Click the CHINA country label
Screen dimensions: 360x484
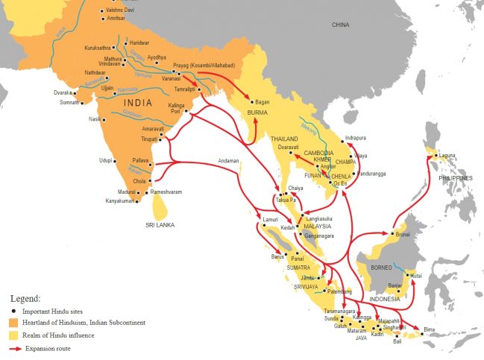pyautogui.click(x=340, y=25)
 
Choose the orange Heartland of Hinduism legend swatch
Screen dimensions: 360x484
pyautogui.click(x=11, y=323)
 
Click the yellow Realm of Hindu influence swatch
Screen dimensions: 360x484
pyautogui.click(x=11, y=335)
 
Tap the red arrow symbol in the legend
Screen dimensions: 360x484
pyautogui.click(x=12, y=348)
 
